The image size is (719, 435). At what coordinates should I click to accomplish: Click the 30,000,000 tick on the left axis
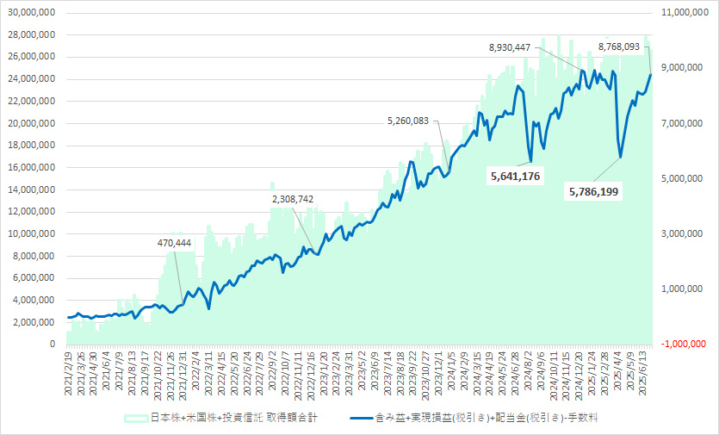[x=31, y=13]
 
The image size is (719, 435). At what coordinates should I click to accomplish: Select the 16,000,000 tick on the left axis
[x=31, y=167]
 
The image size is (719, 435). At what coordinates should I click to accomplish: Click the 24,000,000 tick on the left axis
[x=31, y=79]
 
